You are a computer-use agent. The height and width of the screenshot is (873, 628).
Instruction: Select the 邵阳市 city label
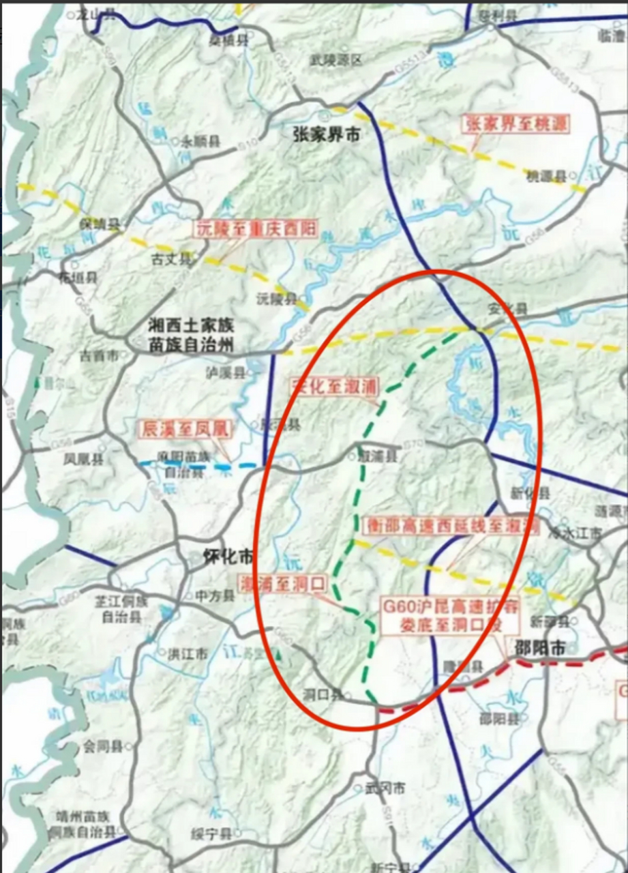point(540,648)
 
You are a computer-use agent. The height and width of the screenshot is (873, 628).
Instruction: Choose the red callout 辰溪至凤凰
point(185,429)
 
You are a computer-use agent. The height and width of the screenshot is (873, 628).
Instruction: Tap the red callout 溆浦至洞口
point(284,583)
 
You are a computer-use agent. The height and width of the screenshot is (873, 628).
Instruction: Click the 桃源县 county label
point(547,176)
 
